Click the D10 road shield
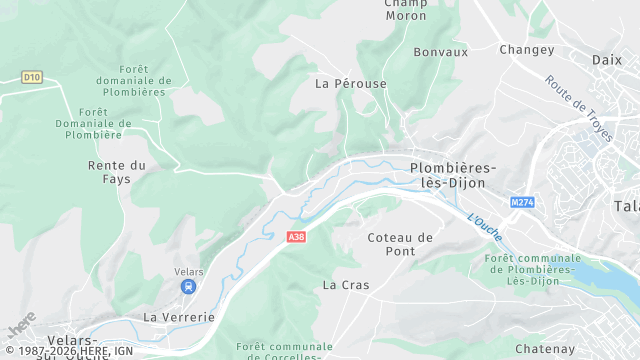[33, 76]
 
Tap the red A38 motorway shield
[295, 237]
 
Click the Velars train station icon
[187, 287]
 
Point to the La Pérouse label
[350, 84]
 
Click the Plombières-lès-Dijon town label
[453, 176]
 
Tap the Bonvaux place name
[440, 52]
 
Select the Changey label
[526, 49]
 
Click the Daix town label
[606, 60]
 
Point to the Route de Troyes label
[578, 107]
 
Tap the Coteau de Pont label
[400, 244]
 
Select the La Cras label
[346, 285]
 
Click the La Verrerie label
[179, 317]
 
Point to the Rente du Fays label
[117, 172]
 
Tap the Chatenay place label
[545, 349]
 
